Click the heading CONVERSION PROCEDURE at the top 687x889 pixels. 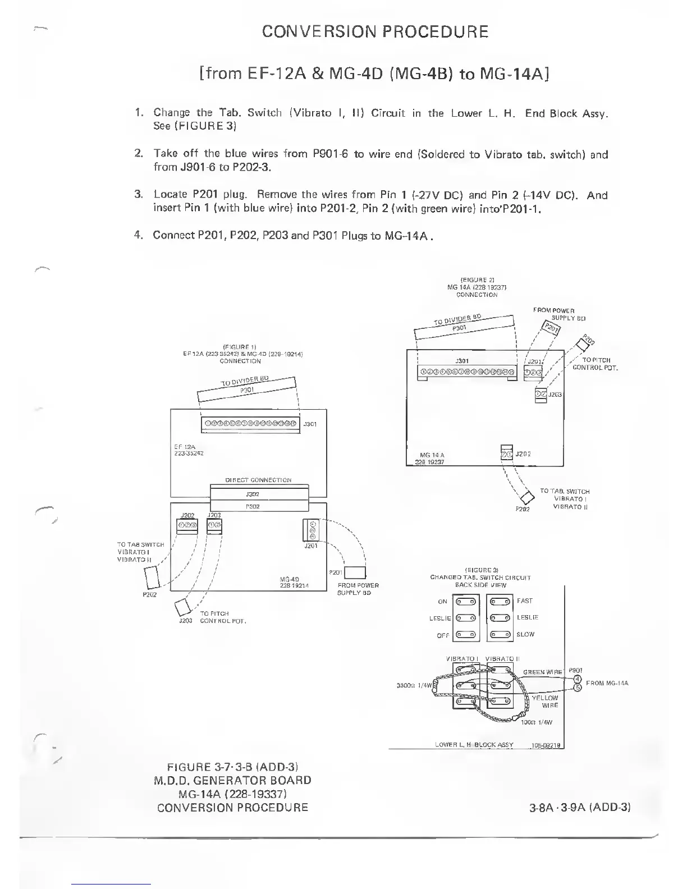pos(375,31)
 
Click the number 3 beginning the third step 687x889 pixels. pos(138,195)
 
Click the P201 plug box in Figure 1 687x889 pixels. pos(355,572)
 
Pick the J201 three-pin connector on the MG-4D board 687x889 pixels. pos(311,530)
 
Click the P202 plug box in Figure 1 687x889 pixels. pos(153,576)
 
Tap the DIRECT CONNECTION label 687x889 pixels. pos(258,480)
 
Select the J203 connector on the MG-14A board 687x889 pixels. pos(541,395)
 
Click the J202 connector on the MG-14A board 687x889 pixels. pos(506,453)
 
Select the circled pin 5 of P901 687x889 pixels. pos(577,690)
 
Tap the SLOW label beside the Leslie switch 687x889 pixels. pos(525,634)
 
